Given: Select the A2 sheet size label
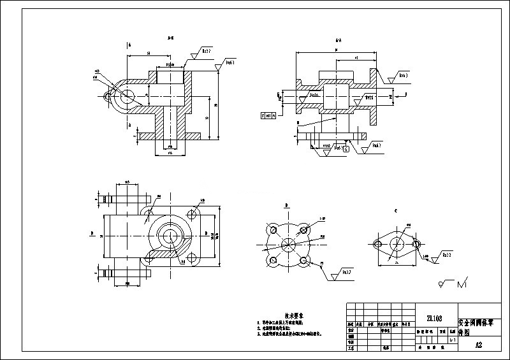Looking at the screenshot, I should [479, 345].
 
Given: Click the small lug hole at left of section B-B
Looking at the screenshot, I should [108, 97].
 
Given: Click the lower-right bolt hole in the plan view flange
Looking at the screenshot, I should [191, 258].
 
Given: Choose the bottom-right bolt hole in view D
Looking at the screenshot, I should [305, 261].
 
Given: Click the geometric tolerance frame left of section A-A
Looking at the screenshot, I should [269, 116].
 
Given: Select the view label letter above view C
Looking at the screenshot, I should [395, 210].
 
